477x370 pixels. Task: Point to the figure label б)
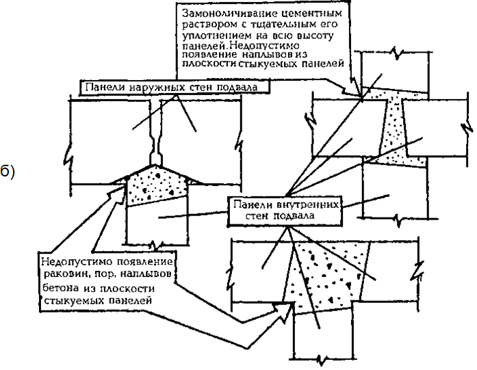tap(7, 172)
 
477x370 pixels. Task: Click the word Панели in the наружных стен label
tap(105, 88)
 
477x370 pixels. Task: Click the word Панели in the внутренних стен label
tap(253, 204)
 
